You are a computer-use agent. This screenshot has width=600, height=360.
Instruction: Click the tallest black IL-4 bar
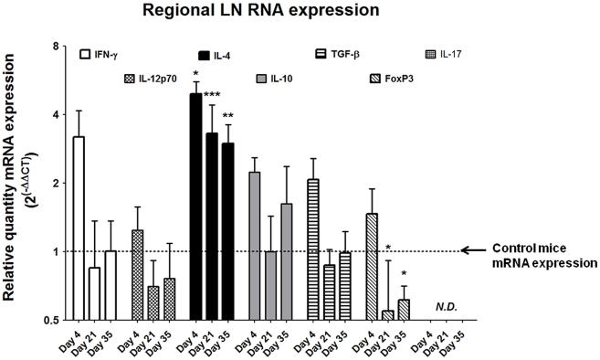tap(195, 206)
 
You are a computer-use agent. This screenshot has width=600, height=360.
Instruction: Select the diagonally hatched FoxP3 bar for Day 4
tap(371, 266)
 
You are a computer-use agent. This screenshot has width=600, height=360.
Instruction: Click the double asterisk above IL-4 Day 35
tap(229, 116)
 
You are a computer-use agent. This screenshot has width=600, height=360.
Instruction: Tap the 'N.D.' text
tap(447, 308)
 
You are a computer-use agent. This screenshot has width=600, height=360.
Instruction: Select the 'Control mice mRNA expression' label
tap(543, 255)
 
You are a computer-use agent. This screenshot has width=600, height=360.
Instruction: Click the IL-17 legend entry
tap(446, 55)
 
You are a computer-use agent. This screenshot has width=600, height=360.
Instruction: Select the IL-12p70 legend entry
tap(151, 79)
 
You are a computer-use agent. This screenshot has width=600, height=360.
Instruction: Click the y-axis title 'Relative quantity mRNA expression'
tap(14, 183)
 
